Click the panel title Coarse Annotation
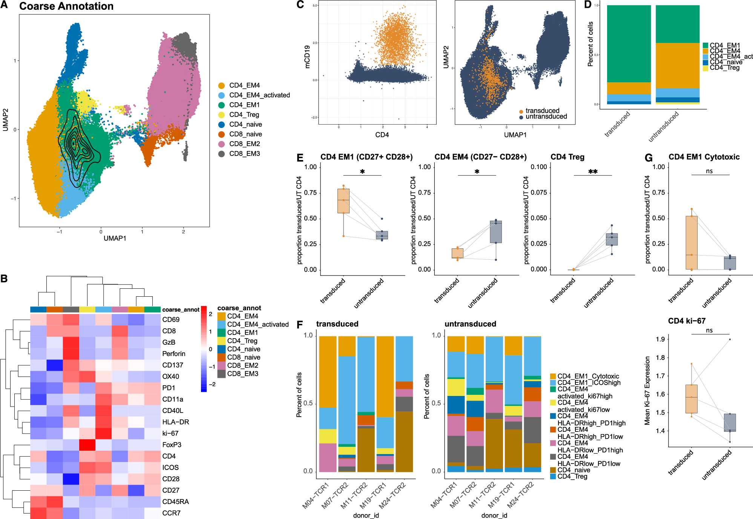[x=66, y=6]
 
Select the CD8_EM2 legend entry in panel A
[x=244, y=144]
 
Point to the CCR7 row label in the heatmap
[x=171, y=513]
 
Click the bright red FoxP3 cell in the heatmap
[x=87, y=445]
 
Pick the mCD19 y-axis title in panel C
[x=307, y=57]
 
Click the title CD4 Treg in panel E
[x=567, y=157]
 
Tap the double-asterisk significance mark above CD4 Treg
[x=593, y=172]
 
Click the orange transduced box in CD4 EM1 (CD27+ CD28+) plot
[x=343, y=201]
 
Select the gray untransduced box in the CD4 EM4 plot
[x=496, y=232]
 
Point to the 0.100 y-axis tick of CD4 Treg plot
[x=538, y=167]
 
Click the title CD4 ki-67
[x=687, y=321]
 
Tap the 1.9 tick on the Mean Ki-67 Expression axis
[x=660, y=339]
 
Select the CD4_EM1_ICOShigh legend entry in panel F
[x=589, y=383]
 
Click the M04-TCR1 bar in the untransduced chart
[x=455, y=404]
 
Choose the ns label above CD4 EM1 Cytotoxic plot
[x=709, y=171]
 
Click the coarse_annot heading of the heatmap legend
[x=239, y=308]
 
